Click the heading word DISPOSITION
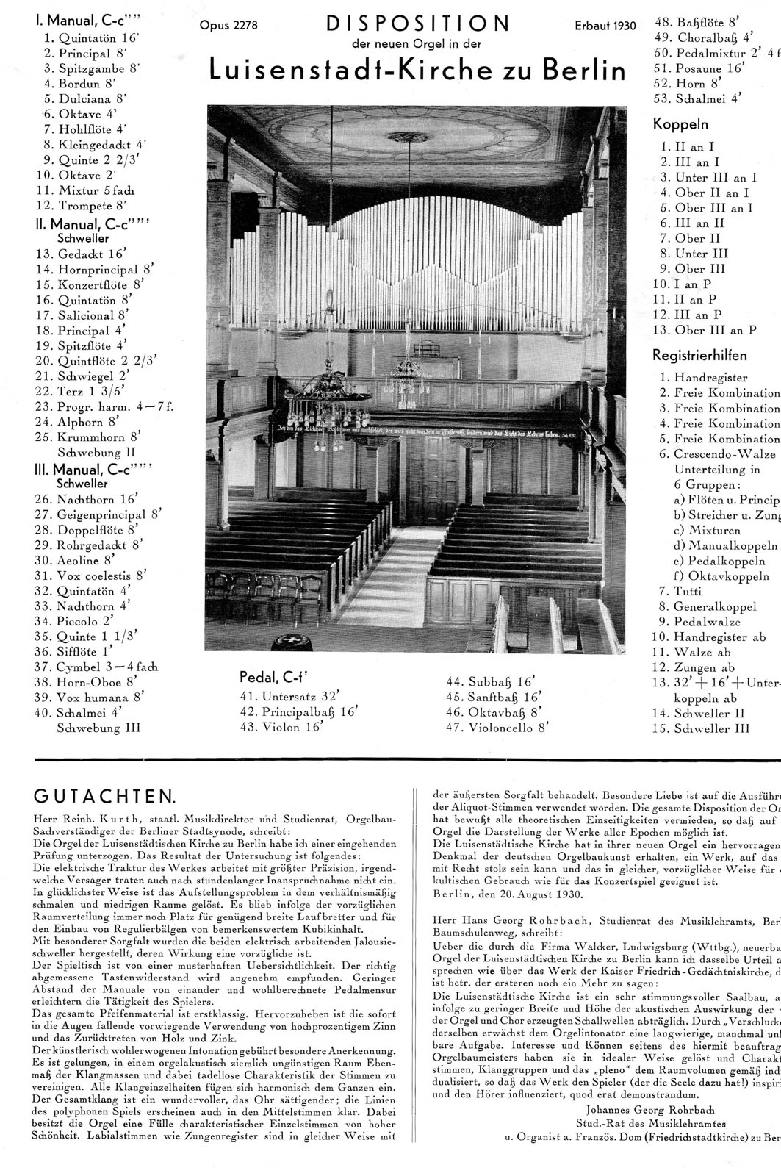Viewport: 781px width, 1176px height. click(x=417, y=25)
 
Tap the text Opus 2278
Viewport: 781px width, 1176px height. click(x=228, y=26)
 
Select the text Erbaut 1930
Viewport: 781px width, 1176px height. click(x=605, y=26)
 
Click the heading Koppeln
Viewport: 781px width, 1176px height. click(x=680, y=124)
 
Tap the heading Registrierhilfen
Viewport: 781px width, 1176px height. click(x=699, y=356)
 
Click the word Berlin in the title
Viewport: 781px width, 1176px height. click(x=583, y=70)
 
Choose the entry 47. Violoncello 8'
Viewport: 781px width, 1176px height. click(x=497, y=728)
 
